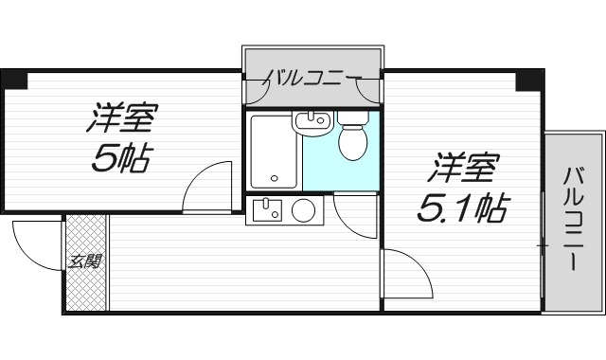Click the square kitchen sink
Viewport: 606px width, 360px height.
click(267, 208)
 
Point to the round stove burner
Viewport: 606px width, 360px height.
click(304, 210)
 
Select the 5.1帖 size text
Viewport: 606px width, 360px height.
click(460, 206)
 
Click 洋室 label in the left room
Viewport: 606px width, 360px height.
click(124, 120)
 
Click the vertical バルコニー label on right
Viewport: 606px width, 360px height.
click(573, 219)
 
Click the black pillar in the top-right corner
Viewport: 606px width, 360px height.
click(526, 81)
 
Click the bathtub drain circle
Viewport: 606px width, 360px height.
click(274, 177)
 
